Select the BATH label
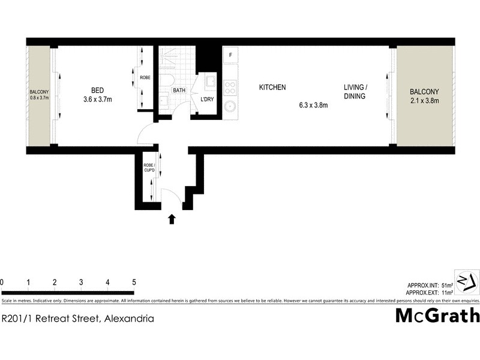[x=179, y=91]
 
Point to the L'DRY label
[x=207, y=99]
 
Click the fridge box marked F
[x=230, y=56]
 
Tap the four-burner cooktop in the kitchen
[x=230, y=88]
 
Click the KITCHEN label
[x=272, y=88]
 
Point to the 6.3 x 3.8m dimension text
[x=313, y=105]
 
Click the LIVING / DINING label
[x=355, y=91]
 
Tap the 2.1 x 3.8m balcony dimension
[x=424, y=100]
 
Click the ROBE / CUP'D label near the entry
[x=149, y=167]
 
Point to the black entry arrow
[x=172, y=219]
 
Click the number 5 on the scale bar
[x=134, y=282]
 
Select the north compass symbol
[x=466, y=281]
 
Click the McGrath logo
[x=437, y=315]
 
